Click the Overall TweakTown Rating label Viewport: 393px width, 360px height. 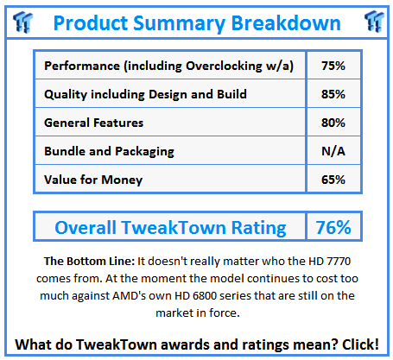click(x=170, y=228)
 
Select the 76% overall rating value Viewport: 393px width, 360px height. click(x=333, y=228)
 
